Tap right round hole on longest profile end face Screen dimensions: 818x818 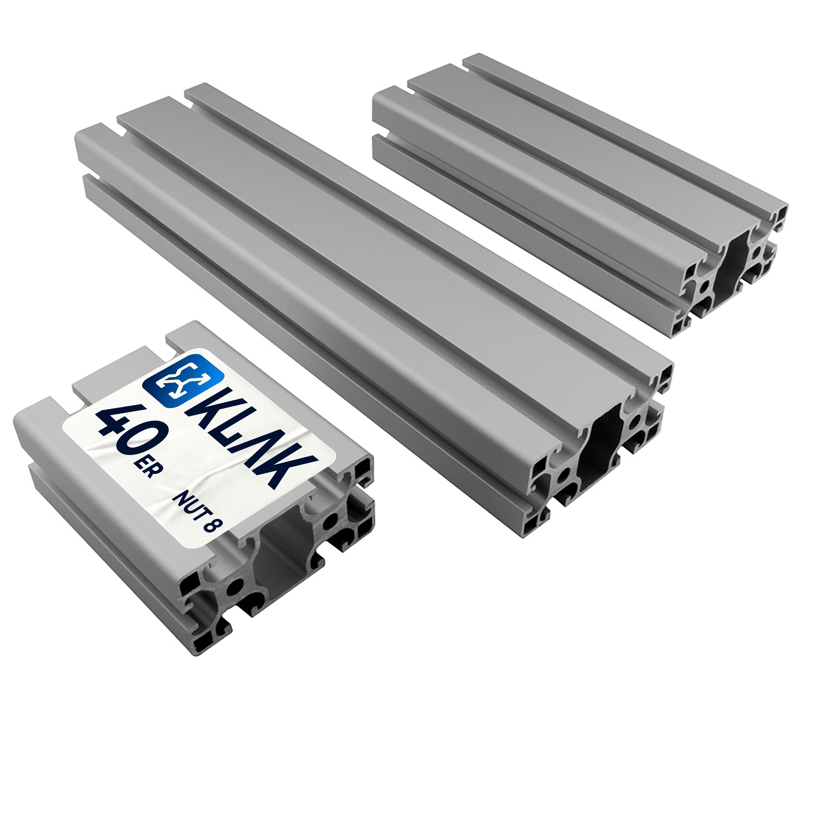(x=635, y=421)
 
